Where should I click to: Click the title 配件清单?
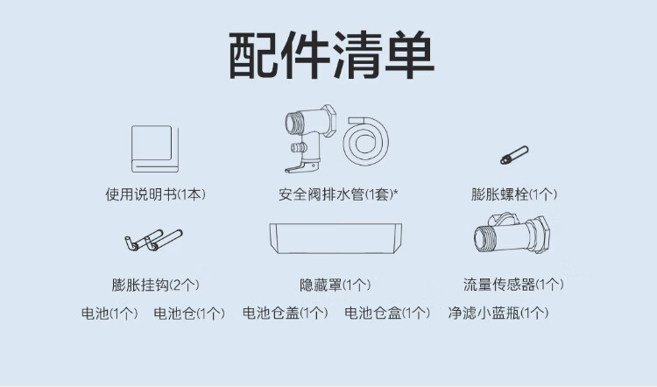(331, 55)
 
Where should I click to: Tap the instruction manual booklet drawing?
(155, 149)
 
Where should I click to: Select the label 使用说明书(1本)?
(155, 194)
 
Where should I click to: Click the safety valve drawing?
(310, 138)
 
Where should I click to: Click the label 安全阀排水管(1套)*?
(338, 194)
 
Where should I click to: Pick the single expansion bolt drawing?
(514, 155)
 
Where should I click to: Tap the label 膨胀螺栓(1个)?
(514, 194)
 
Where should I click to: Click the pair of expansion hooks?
(153, 240)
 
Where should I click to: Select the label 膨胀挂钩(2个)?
(155, 285)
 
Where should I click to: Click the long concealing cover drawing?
(336, 238)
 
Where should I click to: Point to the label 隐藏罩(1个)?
(336, 285)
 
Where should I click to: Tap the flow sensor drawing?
(512, 236)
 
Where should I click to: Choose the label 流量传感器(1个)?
(513, 285)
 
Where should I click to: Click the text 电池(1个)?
(109, 313)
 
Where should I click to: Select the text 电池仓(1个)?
(189, 313)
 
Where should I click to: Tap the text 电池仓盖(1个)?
(285, 313)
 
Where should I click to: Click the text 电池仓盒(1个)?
(387, 313)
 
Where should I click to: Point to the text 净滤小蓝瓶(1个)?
(498, 313)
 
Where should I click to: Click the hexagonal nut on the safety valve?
(328, 121)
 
